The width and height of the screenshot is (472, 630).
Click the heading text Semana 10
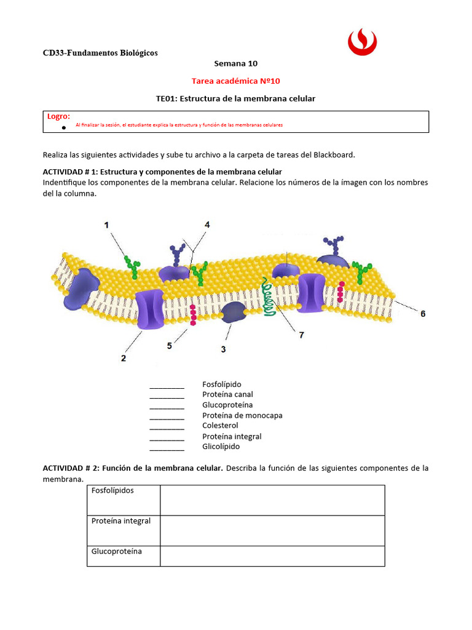235,63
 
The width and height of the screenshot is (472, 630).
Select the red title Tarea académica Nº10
235,81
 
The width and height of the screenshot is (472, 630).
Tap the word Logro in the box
58,116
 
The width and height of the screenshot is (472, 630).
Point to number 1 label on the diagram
108,226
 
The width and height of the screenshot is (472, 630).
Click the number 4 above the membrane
207,225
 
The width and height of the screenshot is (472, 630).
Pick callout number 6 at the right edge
422,314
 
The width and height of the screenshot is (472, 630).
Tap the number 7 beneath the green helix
301,335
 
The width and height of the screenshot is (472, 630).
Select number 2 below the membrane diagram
124,358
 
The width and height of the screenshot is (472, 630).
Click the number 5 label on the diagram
170,346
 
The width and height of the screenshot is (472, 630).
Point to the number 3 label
223,349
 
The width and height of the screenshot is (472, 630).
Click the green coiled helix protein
267,297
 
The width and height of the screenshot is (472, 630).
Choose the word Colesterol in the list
220,426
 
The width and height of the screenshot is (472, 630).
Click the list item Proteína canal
227,394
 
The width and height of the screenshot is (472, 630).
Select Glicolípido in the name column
221,447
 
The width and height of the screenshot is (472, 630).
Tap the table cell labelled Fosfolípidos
112,491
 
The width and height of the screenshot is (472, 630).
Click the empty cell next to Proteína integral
272,531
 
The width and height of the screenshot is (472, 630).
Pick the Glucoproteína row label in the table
117,551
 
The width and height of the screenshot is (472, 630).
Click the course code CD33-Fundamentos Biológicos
100,53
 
